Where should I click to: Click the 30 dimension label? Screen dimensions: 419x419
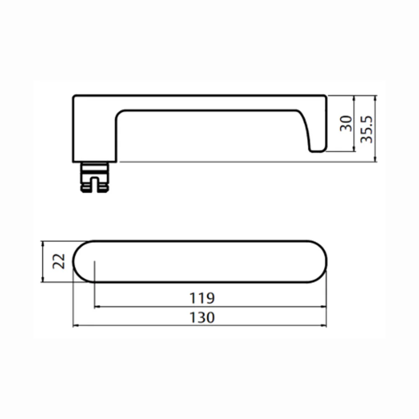(346, 124)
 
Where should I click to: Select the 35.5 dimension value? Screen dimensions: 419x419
(366, 129)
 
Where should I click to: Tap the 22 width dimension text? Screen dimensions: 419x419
(59, 261)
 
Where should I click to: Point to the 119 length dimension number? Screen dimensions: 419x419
(202, 298)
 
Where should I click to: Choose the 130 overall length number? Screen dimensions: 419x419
(202, 318)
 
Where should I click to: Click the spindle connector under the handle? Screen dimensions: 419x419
(95, 177)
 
